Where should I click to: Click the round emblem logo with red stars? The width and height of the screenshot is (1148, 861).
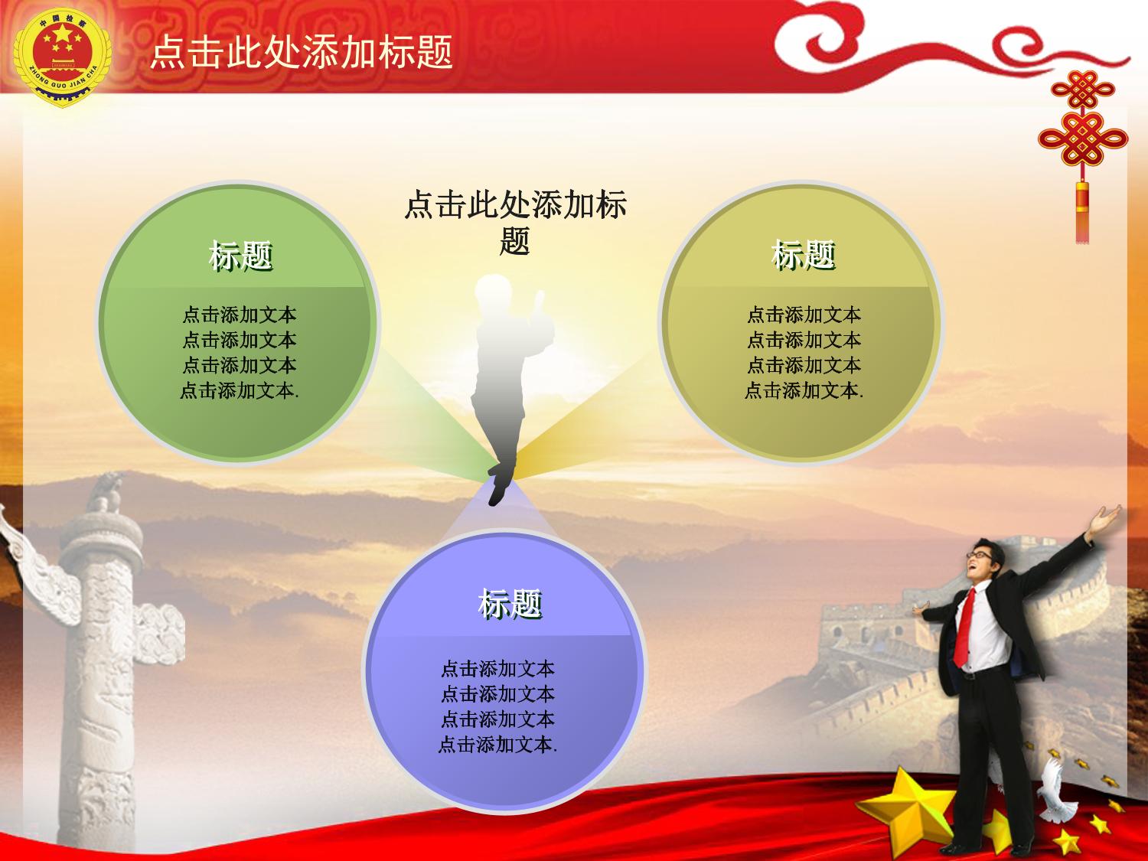pos(62,57)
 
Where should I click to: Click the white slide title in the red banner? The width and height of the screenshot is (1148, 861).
pos(302,52)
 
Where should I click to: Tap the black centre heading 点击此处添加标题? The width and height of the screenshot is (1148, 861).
pos(515,223)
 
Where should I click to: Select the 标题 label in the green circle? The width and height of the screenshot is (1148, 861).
pos(240,256)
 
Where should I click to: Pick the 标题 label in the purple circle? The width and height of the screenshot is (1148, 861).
pos(510,604)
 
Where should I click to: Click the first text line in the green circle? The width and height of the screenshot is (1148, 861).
pos(240,315)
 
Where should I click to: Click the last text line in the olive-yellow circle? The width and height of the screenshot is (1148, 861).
pos(804,390)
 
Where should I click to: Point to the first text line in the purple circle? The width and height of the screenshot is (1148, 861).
pos(498,669)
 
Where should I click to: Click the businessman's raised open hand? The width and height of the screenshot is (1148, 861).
pos(1104,519)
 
